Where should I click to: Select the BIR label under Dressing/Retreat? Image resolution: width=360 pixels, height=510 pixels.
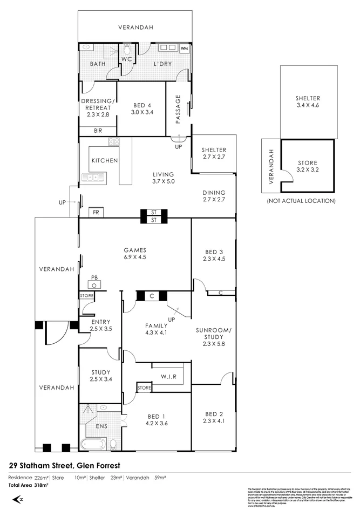click(x=98, y=131)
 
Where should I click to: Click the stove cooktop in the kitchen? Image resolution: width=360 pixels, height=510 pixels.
click(x=113, y=142)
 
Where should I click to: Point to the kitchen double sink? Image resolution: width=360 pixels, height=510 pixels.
click(x=92, y=176)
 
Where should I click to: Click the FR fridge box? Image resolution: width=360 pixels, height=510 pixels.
click(x=96, y=213)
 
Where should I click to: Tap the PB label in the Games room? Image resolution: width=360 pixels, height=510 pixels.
click(x=94, y=278)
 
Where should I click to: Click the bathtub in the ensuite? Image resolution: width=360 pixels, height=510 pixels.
click(x=94, y=445)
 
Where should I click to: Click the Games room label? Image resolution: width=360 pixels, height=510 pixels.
click(x=135, y=249)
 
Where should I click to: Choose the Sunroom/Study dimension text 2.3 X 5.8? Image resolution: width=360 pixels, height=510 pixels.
click(x=213, y=344)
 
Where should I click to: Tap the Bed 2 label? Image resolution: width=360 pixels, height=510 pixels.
click(x=213, y=414)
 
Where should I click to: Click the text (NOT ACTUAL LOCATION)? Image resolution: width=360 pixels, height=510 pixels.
click(x=301, y=201)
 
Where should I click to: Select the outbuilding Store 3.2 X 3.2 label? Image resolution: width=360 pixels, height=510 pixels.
click(x=308, y=166)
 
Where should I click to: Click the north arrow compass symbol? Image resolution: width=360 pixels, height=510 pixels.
click(x=18, y=499)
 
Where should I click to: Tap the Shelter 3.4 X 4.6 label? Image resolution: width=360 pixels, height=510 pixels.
click(x=308, y=101)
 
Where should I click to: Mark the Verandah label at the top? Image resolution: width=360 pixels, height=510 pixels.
click(x=135, y=27)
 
